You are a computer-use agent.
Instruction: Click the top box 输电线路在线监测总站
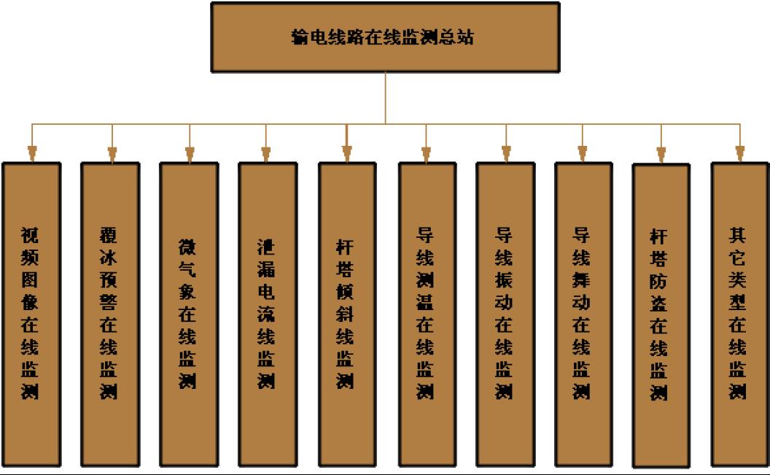[x=385, y=37]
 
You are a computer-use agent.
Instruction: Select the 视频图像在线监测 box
[x=31, y=314]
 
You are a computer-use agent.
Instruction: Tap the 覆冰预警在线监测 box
[x=110, y=314]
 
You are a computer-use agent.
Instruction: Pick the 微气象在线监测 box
[x=189, y=314]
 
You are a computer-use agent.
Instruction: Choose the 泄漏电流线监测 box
[x=267, y=314]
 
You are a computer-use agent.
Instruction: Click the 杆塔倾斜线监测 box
[x=346, y=314]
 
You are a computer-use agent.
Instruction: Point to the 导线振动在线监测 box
[x=505, y=314]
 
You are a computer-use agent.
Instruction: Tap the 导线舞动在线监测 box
[x=583, y=314]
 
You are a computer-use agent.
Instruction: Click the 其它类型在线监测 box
[x=739, y=314]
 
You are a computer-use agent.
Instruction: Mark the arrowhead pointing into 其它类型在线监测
[x=739, y=154]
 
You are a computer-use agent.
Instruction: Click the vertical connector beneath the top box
[x=385, y=99]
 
